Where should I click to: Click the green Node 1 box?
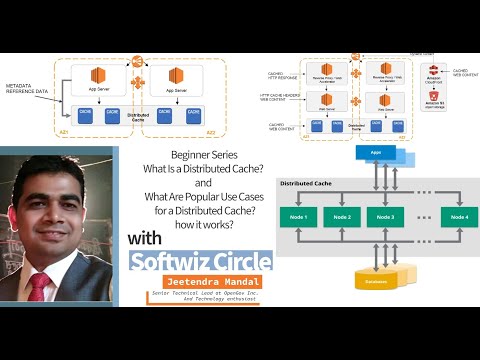[299, 217]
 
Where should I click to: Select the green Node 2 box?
[342, 217]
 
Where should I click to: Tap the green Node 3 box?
[386, 217]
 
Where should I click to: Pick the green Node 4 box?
[459, 217]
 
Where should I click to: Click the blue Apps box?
[374, 155]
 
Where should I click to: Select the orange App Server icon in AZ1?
[99, 76]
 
